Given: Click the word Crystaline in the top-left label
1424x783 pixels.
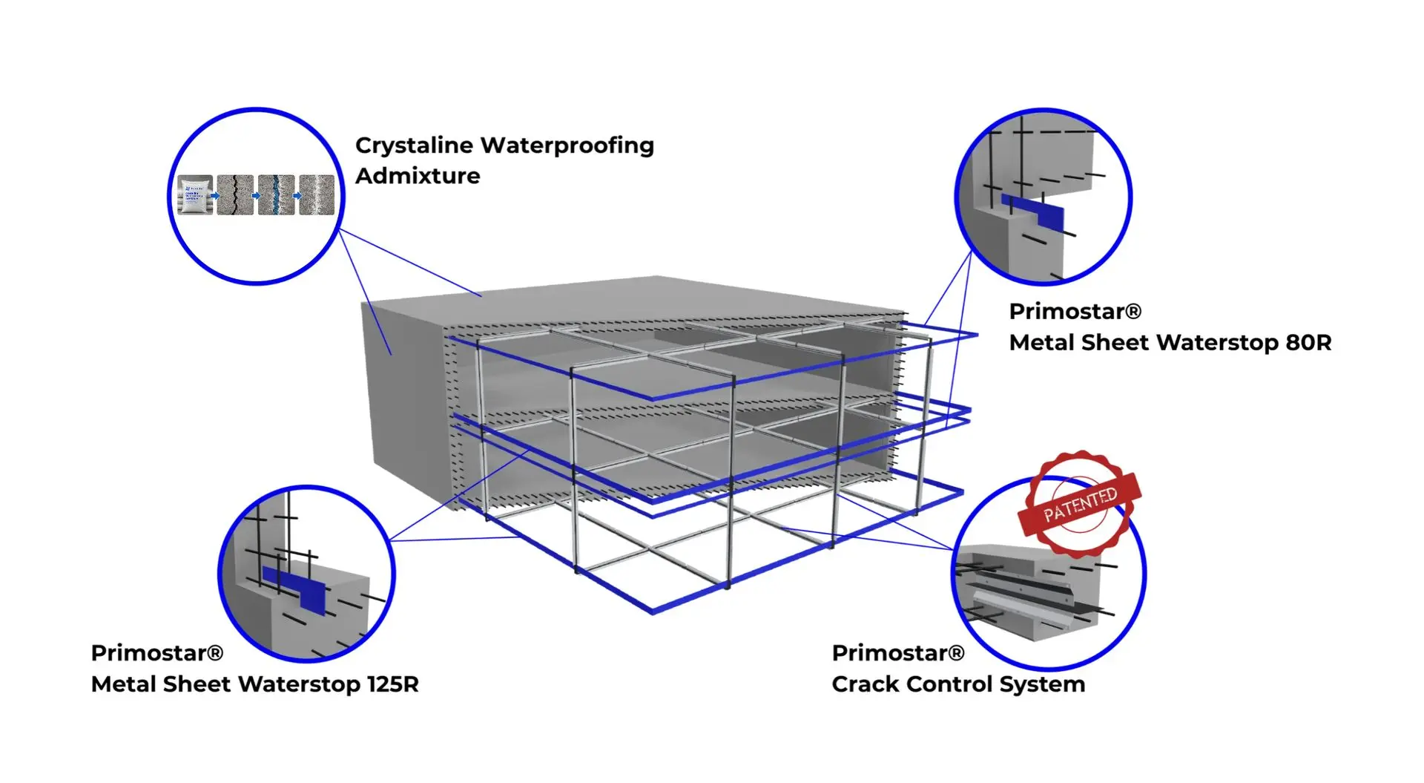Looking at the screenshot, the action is coord(415,146).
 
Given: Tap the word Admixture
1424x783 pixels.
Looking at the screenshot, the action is coord(418,176).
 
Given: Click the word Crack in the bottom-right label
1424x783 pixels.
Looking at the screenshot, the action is coord(865,684).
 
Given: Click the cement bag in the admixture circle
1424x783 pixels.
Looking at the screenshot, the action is coord(195,196).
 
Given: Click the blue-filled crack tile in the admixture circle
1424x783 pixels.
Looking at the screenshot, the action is coord(276,195).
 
